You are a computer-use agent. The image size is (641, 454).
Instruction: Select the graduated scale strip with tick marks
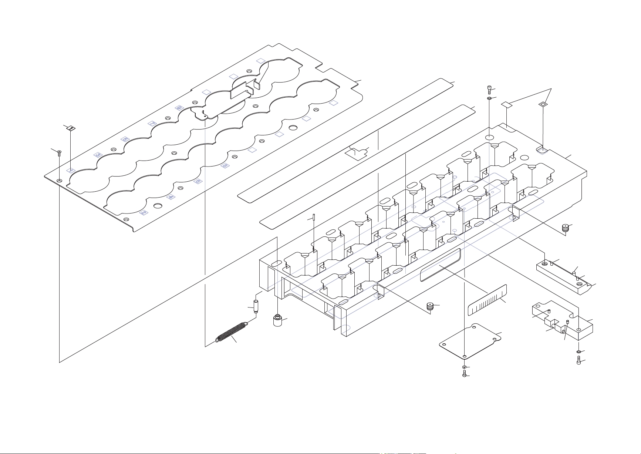[487, 300]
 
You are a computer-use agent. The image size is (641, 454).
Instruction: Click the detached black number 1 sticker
[71, 128]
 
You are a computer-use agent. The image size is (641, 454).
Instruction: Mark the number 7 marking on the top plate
[152, 123]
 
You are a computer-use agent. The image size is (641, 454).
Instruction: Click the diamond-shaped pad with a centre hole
[542, 105]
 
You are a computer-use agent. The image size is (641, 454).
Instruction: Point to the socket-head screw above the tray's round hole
[489, 89]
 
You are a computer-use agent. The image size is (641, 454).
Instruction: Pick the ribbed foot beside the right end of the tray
[565, 228]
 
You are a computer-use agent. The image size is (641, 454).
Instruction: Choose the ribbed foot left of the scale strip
[430, 307]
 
